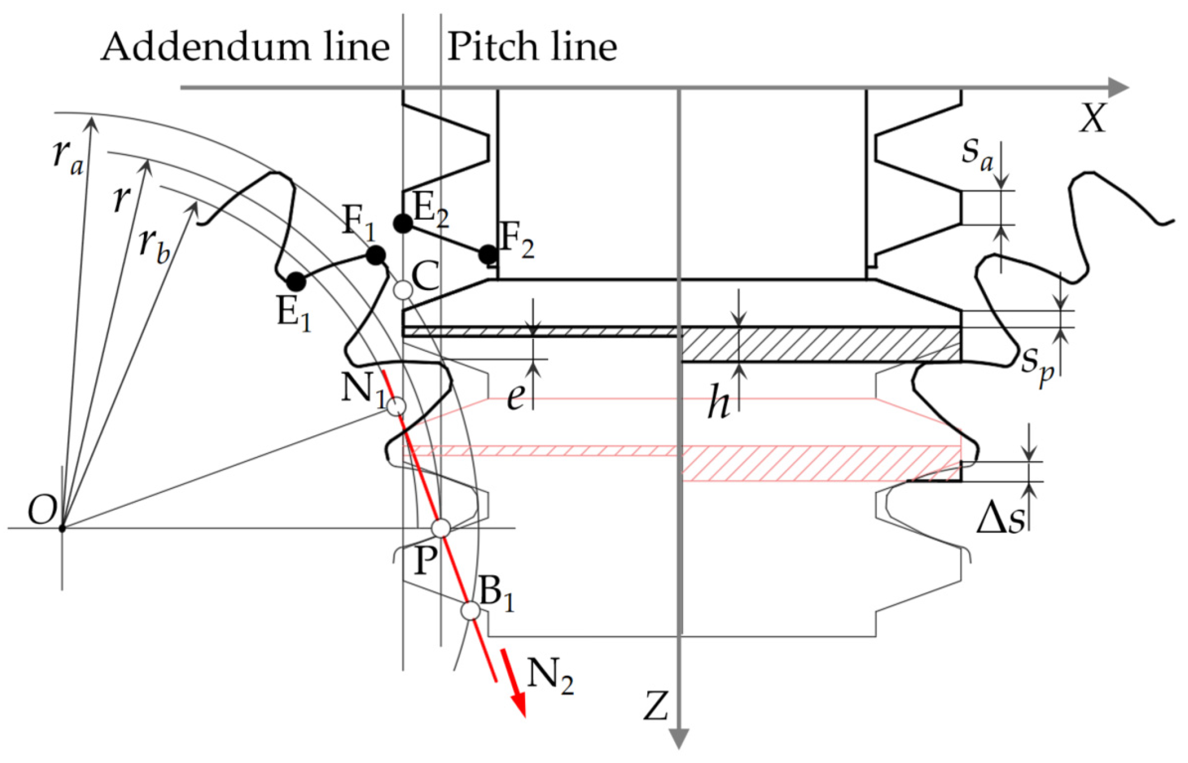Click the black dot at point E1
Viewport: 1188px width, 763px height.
click(296, 281)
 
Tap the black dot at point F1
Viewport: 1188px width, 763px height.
click(376, 255)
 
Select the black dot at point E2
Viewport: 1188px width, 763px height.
click(403, 224)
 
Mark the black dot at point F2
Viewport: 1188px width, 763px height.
click(488, 254)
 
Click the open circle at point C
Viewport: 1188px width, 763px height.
click(403, 290)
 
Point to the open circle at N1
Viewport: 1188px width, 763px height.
click(396, 406)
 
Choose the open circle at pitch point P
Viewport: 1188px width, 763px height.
click(441, 528)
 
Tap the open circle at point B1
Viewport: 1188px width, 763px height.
click(471, 611)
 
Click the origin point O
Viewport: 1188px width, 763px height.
click(62, 528)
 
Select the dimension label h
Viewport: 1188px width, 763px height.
click(718, 402)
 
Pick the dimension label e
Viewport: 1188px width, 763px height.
click(516, 397)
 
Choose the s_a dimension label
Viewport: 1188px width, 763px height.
click(977, 152)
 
